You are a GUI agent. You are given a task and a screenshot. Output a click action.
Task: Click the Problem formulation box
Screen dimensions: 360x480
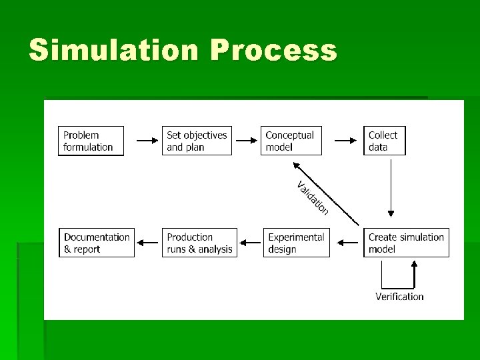91,141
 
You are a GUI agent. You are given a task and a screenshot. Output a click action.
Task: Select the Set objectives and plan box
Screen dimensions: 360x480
197,141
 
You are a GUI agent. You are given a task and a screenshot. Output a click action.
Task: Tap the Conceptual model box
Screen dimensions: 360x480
291,141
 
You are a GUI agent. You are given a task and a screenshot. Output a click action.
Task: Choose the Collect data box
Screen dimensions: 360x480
384,141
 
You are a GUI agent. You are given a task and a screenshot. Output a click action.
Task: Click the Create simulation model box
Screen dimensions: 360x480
406,243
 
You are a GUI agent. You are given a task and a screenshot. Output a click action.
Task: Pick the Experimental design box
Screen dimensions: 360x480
296,243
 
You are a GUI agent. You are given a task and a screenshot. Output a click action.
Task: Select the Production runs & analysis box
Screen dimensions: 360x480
199,243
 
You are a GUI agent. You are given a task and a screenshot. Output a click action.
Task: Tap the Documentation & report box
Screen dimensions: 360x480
97,243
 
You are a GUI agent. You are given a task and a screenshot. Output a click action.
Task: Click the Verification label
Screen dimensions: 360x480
399,297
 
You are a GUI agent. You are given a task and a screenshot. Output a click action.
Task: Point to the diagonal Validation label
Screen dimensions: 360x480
313,198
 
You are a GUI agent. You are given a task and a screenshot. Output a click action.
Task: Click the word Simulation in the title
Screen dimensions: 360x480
113,51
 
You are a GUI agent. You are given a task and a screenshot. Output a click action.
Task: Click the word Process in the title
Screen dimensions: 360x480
273,51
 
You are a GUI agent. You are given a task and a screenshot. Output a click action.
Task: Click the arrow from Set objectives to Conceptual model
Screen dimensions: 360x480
246,141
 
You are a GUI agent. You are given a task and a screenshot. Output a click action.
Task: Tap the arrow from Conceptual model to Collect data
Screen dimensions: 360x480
345,141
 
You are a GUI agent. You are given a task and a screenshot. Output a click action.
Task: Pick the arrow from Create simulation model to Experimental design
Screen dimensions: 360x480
347,243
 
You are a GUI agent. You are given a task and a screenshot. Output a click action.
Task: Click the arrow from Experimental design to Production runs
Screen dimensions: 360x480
250,243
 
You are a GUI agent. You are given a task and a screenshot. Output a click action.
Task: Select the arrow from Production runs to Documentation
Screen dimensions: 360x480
148,243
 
